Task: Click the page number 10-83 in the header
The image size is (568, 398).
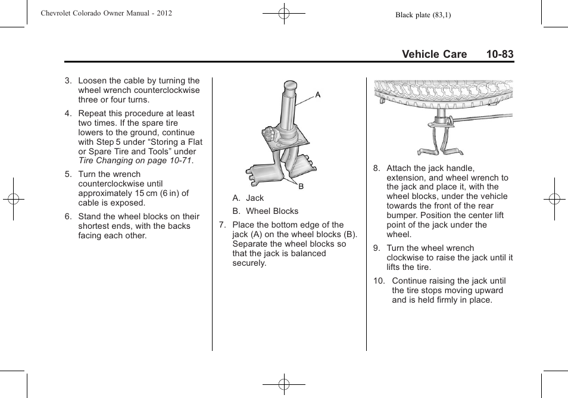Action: (499, 54)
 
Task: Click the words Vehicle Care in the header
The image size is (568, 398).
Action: (434, 54)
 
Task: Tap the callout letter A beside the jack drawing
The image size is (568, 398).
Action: (318, 95)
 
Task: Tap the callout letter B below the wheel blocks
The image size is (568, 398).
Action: (301, 186)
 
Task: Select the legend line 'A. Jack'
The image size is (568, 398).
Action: (248, 198)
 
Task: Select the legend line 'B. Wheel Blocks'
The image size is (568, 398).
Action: (265, 211)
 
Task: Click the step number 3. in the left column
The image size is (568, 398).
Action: (68, 81)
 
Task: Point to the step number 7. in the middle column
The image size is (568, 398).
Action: (223, 225)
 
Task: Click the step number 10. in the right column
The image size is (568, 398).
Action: (379, 281)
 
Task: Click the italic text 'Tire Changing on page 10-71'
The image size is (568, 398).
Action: (135, 161)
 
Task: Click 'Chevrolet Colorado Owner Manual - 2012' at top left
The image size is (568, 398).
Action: (106, 13)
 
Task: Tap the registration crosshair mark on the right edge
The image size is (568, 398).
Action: (554, 199)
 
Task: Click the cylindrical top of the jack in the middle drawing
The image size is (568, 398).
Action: (291, 89)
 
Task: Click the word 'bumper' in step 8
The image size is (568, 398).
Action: (400, 215)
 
